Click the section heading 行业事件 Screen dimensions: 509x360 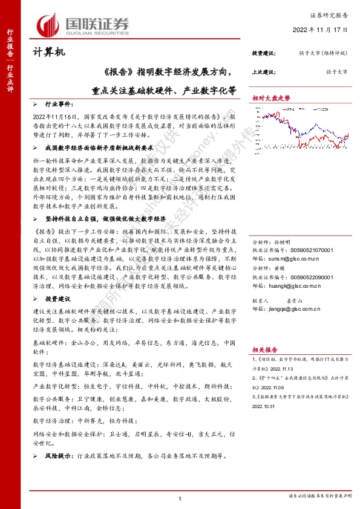(x=58, y=104)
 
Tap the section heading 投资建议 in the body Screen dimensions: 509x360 (x=58, y=299)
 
